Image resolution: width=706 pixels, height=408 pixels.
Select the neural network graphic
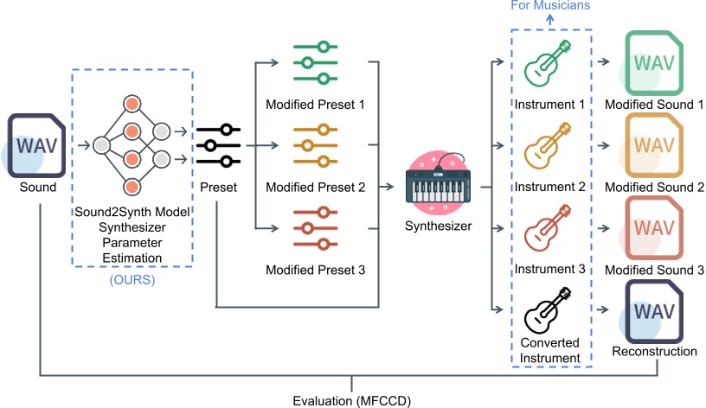coord(132,144)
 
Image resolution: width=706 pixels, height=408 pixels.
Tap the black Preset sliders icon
coord(219,145)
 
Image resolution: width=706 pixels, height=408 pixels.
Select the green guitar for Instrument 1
coord(547,62)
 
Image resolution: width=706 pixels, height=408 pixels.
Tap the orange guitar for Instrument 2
coord(547,144)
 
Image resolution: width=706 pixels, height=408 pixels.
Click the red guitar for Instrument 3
coord(547,226)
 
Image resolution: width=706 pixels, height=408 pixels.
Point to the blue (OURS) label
coord(132,281)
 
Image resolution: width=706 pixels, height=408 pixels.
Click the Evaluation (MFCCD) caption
coord(352,400)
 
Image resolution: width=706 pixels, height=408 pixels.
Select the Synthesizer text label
coord(439,226)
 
